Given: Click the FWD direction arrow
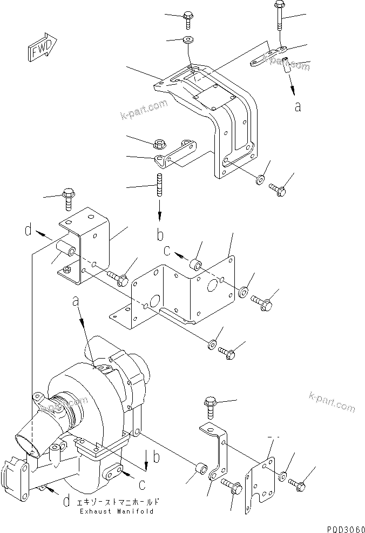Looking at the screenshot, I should pyautogui.click(x=40, y=47).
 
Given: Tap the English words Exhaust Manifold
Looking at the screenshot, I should pyautogui.click(x=116, y=511).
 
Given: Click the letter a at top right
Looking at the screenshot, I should pyautogui.click(x=298, y=107).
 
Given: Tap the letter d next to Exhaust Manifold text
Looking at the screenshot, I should pyautogui.click(x=65, y=502).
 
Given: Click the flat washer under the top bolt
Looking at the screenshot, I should pyautogui.click(x=189, y=39).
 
